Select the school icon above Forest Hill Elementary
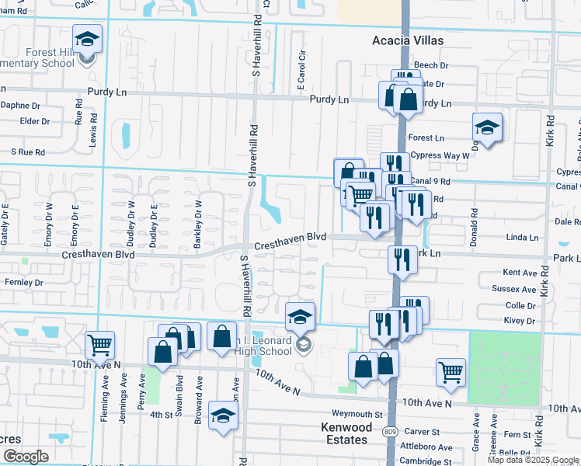click(88, 39)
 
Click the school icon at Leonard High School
click(300, 317)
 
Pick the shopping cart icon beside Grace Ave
click(451, 373)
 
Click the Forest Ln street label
click(426, 137)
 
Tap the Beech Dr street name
click(433, 66)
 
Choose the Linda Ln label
click(522, 237)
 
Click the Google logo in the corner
click(26, 457)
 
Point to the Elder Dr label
click(35, 121)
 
